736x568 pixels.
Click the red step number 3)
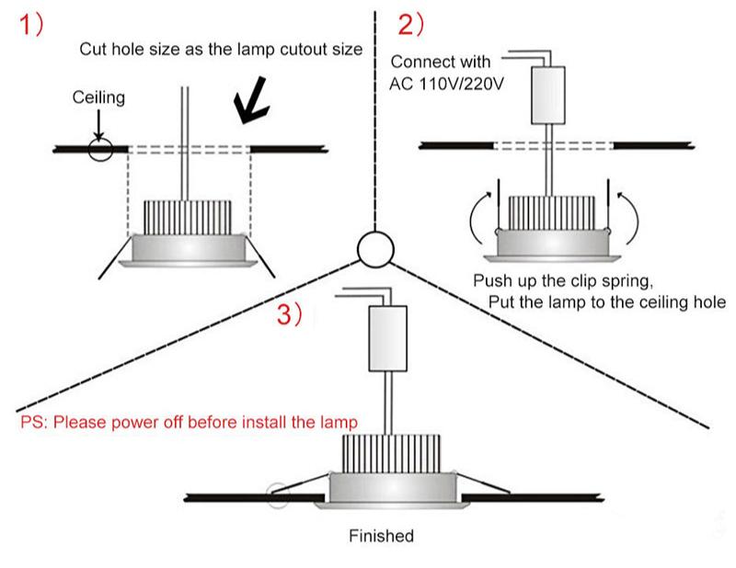click(x=290, y=315)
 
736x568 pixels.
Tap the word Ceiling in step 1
click(x=98, y=97)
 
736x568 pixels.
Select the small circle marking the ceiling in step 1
click(x=100, y=150)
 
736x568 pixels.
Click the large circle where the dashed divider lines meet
click(x=376, y=247)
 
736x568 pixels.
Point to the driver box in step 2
click(x=548, y=97)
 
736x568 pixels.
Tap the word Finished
click(x=381, y=536)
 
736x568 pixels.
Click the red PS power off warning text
click(x=189, y=423)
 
